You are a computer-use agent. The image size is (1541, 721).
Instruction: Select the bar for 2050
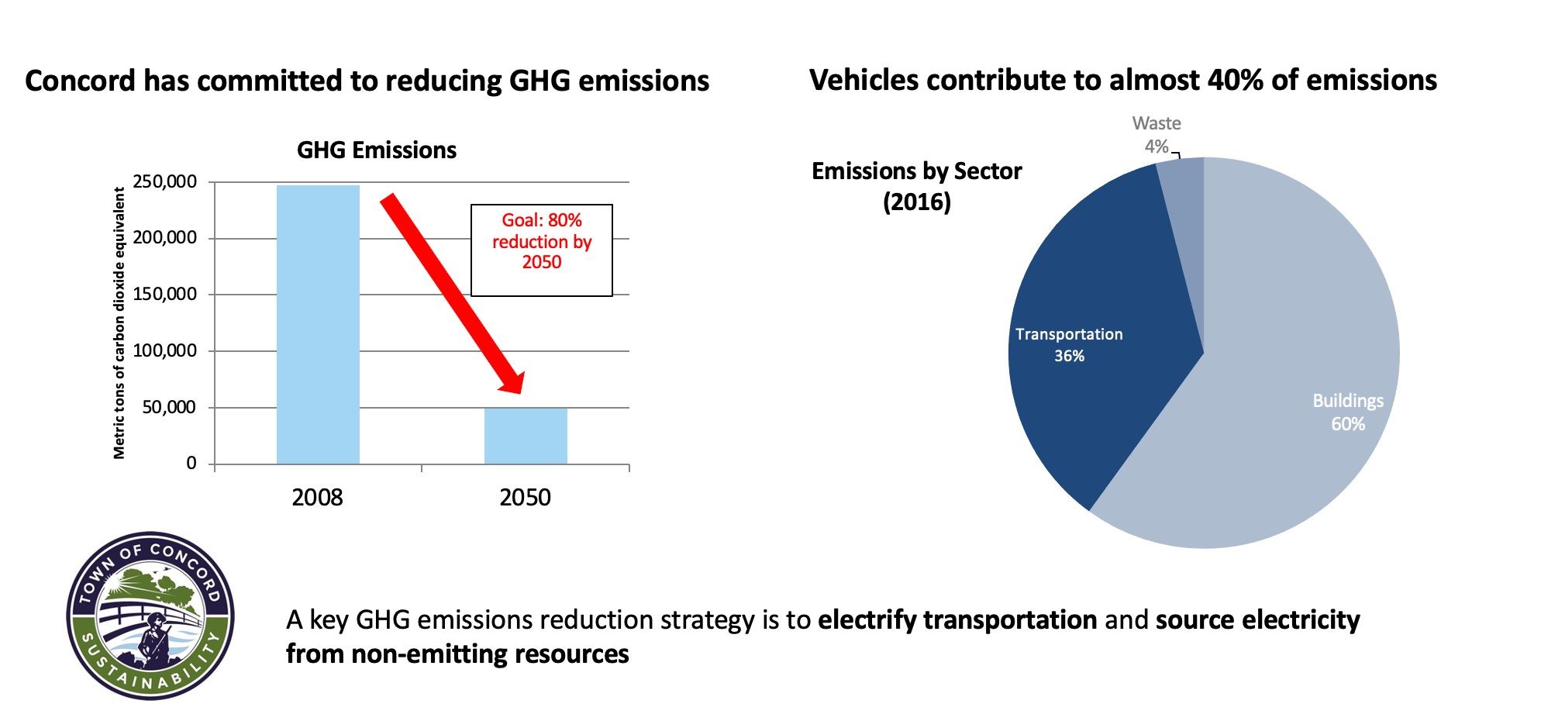[526, 436]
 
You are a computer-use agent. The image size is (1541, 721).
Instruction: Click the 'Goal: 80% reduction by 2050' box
[541, 250]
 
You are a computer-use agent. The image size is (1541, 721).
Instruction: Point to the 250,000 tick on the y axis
[164, 182]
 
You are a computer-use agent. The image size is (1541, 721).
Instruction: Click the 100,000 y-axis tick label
[164, 350]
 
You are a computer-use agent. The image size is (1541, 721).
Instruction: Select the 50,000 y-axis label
[169, 407]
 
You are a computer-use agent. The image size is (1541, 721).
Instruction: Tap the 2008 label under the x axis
[317, 497]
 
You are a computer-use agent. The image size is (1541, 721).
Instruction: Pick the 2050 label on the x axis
[525, 497]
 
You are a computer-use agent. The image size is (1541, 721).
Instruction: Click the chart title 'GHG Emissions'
[377, 150]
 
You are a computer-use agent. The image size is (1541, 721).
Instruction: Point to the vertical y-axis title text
[119, 323]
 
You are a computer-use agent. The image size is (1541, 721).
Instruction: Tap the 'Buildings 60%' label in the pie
[1347, 412]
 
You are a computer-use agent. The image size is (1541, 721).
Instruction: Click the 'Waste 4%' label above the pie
[1156, 134]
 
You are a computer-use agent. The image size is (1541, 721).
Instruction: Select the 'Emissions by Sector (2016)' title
[916, 186]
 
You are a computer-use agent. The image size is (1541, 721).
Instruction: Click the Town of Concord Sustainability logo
[150, 616]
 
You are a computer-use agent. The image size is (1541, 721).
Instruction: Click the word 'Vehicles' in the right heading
[860, 80]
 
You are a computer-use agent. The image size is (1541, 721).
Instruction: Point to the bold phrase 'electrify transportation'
[957, 620]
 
